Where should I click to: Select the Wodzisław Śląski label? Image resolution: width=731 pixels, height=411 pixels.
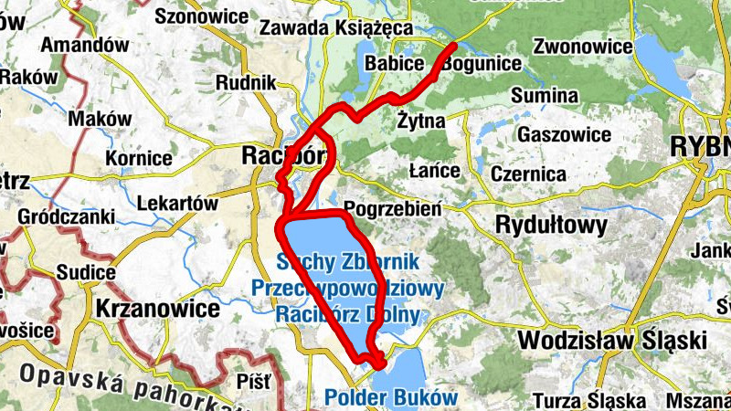612,341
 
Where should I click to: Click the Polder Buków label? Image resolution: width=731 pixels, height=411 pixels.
391,398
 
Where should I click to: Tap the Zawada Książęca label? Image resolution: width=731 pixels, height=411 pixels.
336,27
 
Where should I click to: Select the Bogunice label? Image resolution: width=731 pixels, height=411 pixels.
482,64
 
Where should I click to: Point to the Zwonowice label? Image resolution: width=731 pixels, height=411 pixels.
584,46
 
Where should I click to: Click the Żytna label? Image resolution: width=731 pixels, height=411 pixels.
421,121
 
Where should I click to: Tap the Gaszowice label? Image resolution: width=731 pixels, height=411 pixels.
564,134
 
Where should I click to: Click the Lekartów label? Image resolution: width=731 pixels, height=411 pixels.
179,203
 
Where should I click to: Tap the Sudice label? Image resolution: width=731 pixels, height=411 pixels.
86,272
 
